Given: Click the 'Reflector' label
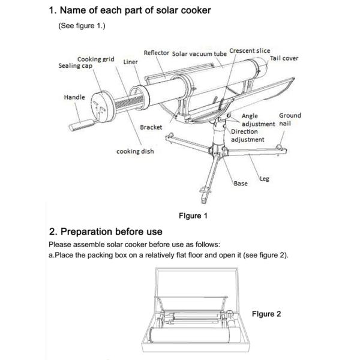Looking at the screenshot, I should [156, 53].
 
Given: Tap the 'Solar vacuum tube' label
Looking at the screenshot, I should [199, 53].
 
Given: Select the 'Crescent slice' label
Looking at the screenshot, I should [250, 51].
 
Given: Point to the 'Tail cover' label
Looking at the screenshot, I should [284, 58].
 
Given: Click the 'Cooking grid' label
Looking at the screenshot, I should [95, 59].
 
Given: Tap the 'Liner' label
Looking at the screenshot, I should [130, 62].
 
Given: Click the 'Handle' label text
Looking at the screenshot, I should [75, 97].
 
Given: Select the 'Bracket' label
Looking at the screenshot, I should [151, 127].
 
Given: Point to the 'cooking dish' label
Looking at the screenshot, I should [134, 151].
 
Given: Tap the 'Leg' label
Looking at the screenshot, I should [265, 179].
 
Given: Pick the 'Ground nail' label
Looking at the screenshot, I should [290, 119].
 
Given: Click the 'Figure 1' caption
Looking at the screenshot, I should [193, 215].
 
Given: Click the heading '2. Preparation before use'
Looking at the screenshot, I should [105, 232].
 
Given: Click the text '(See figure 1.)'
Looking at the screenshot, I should [82, 26].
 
